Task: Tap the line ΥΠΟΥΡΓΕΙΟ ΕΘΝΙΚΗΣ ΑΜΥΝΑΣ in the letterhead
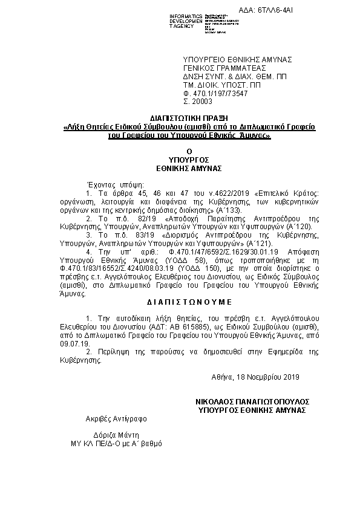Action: [x=238, y=59]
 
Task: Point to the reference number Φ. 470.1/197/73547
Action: [x=215, y=94]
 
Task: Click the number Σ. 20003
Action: [x=196, y=102]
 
